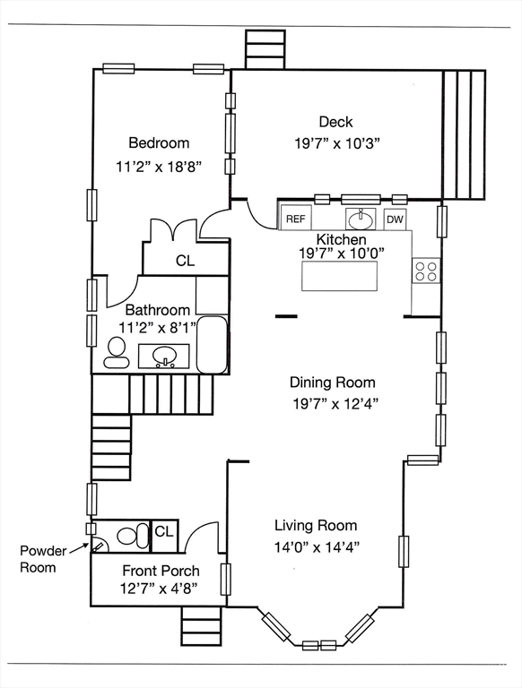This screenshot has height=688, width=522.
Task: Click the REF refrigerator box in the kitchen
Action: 296,217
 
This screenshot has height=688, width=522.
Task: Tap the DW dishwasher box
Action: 395,219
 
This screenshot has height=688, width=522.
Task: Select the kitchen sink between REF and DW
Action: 361,219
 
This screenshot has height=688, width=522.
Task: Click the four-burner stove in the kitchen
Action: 426,271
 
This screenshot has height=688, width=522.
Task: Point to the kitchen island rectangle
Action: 339,276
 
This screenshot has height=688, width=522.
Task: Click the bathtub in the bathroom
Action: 212,346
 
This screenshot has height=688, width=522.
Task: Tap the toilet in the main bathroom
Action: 117,353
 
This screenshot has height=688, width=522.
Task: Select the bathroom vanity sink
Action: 164,356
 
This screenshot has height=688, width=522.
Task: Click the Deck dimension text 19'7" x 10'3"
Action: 336,143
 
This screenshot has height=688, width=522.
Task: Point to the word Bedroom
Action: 159,142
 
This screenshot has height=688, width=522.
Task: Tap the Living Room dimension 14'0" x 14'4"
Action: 318,547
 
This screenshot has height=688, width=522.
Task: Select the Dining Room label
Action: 333,383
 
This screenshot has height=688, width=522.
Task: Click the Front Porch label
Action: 161,571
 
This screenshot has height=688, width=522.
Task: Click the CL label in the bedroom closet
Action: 185,261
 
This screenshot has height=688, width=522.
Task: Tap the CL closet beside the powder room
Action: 164,536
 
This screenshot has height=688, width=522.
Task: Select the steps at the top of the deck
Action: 265,49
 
